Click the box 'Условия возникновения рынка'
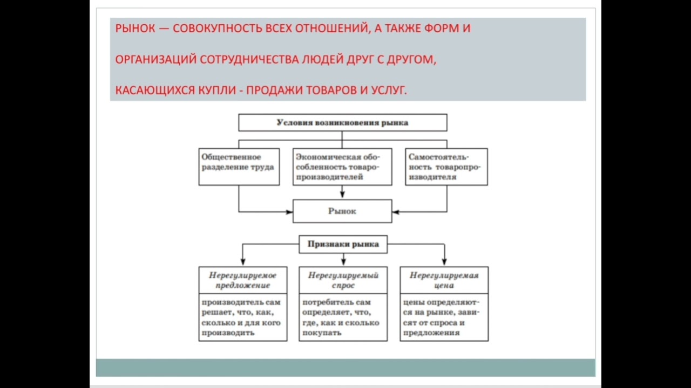(343, 122)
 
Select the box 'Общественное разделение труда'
(239, 167)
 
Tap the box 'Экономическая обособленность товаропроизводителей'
(342, 167)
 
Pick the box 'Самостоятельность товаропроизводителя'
(446, 167)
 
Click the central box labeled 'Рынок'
(342, 211)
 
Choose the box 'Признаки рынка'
(343, 244)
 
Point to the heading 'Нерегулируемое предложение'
(242, 280)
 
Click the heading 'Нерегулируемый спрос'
(343, 280)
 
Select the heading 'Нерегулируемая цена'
(444, 280)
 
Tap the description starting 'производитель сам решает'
(242, 317)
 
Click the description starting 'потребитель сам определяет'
(343, 317)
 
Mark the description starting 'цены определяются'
(444, 317)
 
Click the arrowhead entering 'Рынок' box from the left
(289, 212)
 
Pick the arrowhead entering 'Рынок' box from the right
(396, 212)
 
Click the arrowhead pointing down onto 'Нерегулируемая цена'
(444, 262)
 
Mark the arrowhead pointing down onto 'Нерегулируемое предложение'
(243, 262)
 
